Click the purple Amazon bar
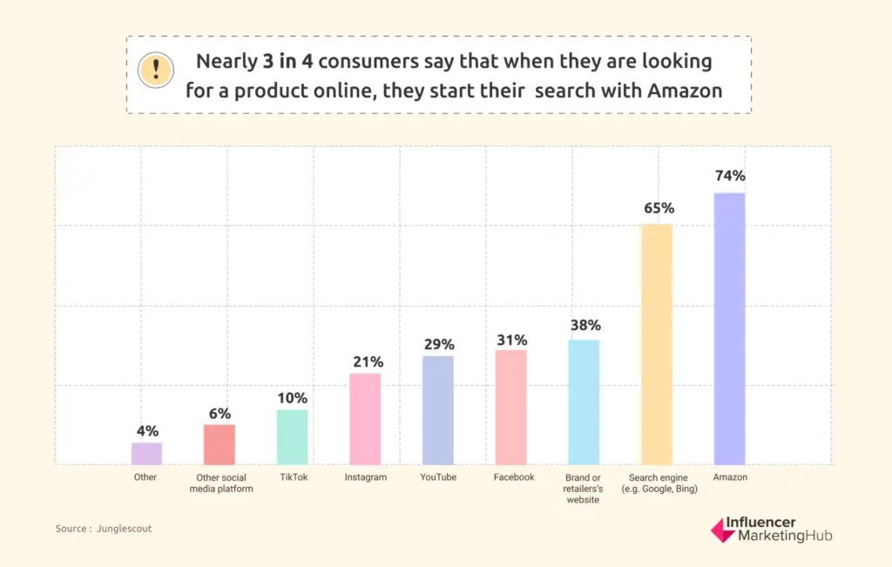(x=729, y=328)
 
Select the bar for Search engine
(x=657, y=344)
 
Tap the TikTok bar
(x=293, y=436)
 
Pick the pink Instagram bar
(x=365, y=418)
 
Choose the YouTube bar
(x=438, y=409)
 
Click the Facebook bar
(x=510, y=407)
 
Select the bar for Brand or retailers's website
(x=584, y=402)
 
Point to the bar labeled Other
(x=146, y=453)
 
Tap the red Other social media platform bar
(x=220, y=444)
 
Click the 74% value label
(x=729, y=176)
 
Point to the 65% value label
(x=658, y=208)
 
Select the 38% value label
(x=585, y=325)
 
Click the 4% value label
(x=147, y=430)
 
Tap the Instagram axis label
(x=365, y=477)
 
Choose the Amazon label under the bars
(x=730, y=477)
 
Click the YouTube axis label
(x=438, y=477)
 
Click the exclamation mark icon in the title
(x=156, y=69)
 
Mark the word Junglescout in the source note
(x=125, y=528)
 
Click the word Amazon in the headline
(x=685, y=90)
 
